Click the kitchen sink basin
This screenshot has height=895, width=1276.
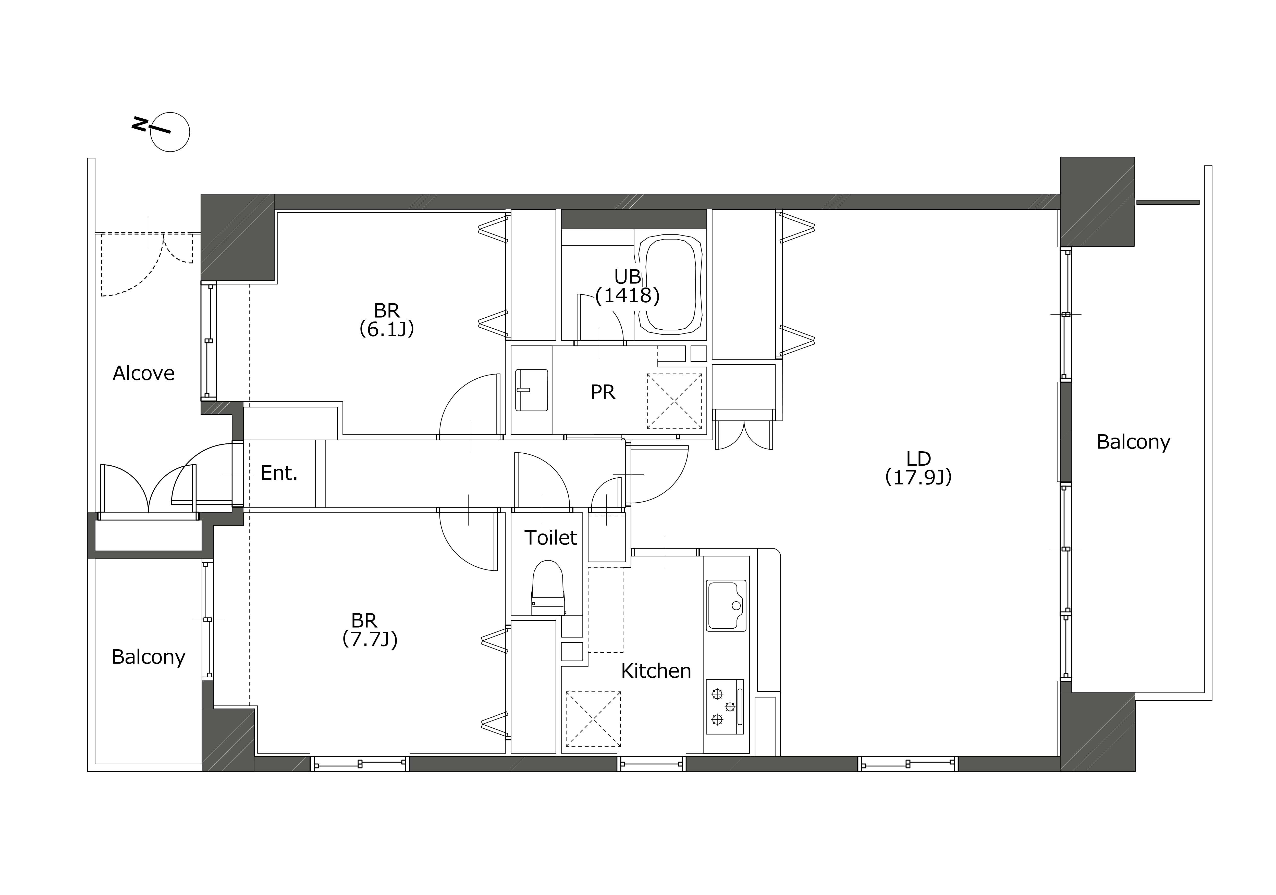tap(726, 606)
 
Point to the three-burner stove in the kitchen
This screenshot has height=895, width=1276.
tap(725, 707)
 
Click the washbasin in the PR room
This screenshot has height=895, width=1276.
tap(531, 390)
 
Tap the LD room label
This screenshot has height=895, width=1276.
tap(918, 459)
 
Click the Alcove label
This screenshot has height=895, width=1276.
tap(143, 373)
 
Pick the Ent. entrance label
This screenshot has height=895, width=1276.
tap(279, 473)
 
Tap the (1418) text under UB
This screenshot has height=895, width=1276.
tap(628, 295)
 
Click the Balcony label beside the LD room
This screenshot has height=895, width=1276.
tap(1133, 442)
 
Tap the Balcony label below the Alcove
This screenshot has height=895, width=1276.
tap(148, 657)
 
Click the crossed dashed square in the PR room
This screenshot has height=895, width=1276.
tap(674, 401)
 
